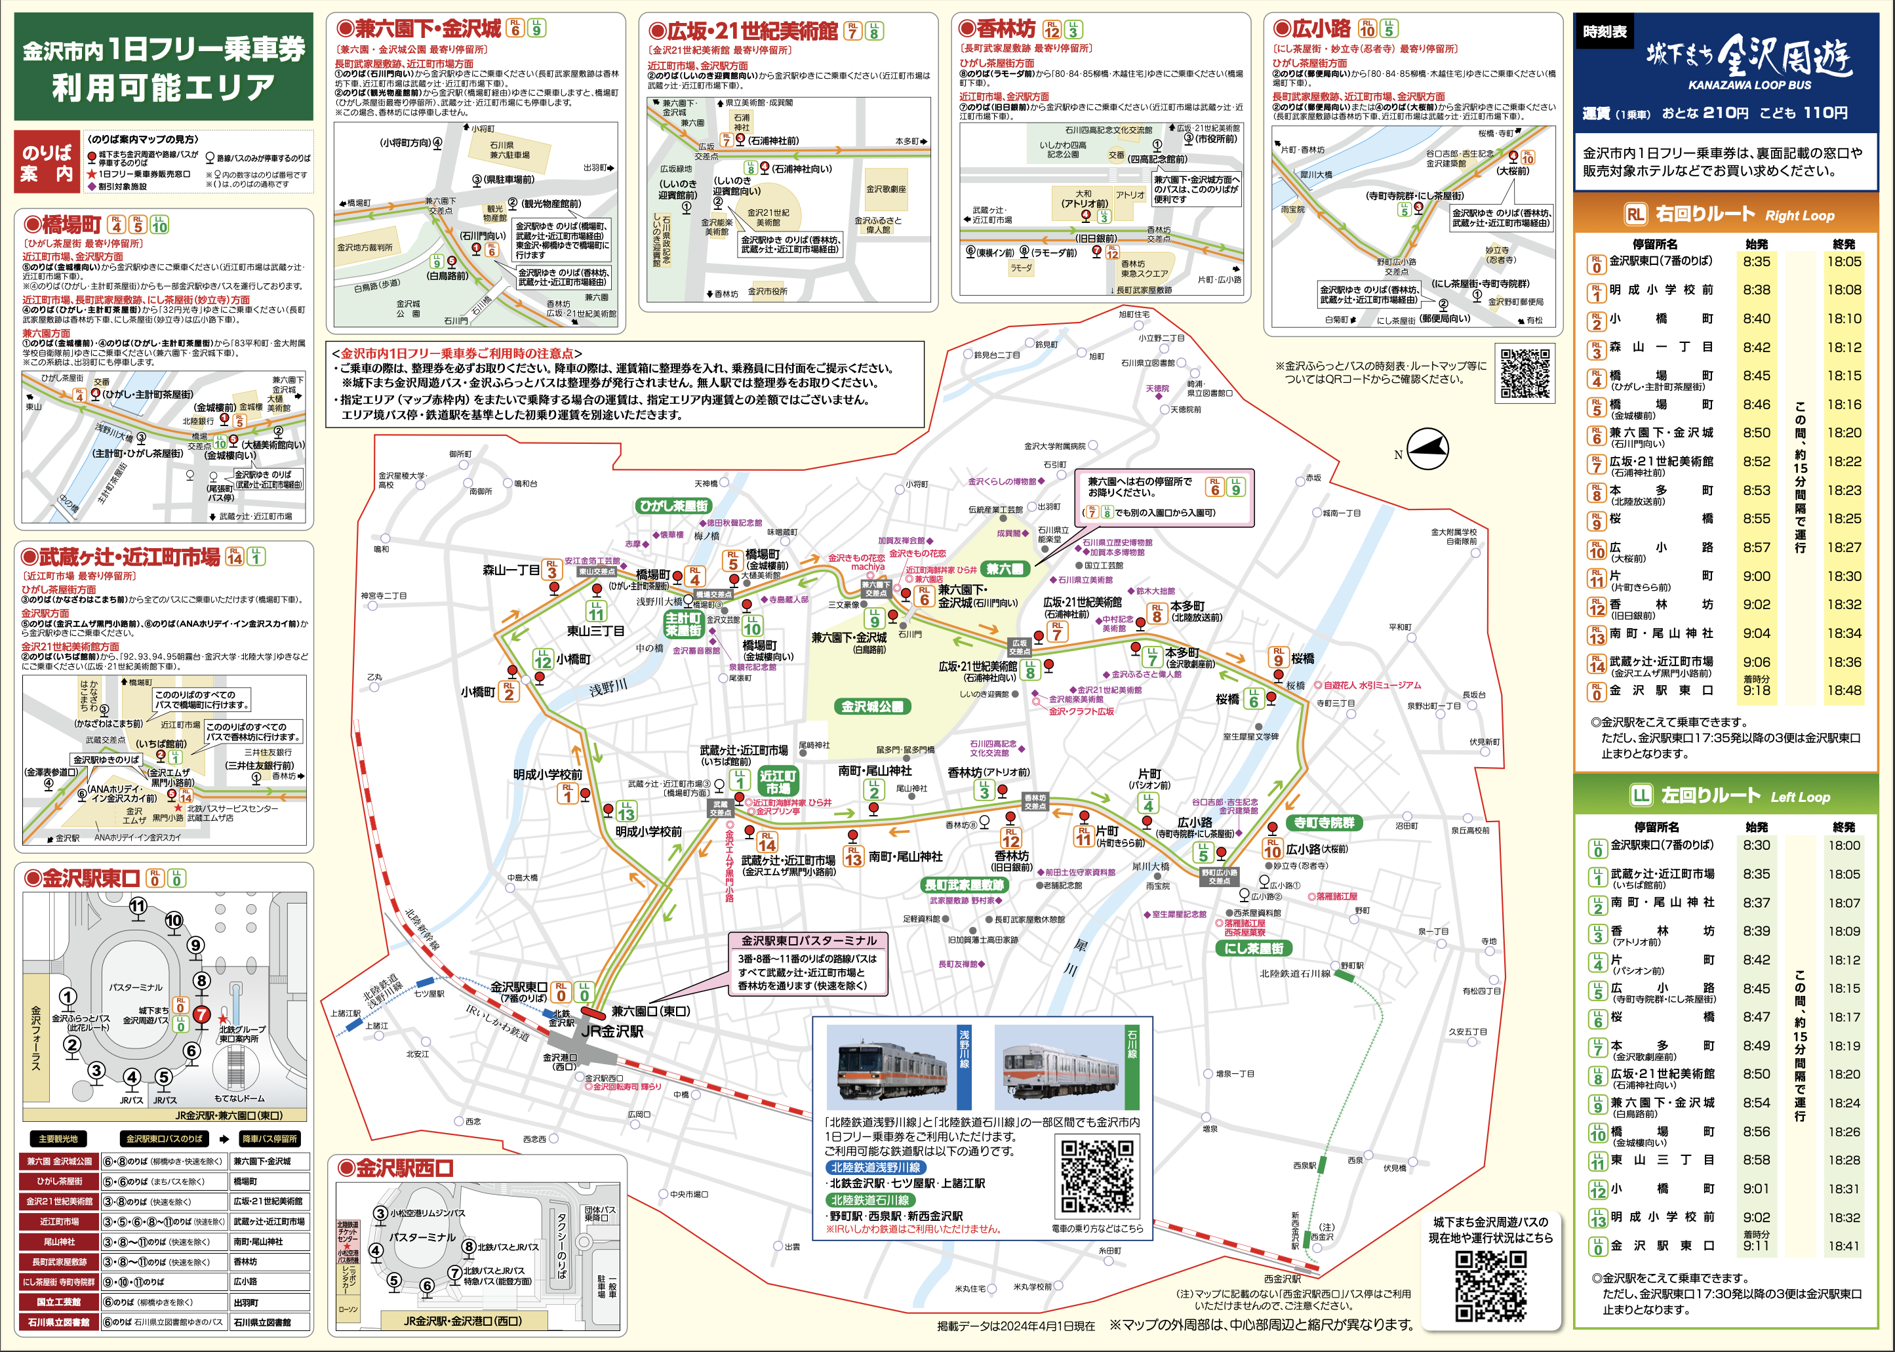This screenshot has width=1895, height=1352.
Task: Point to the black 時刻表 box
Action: coord(1605,31)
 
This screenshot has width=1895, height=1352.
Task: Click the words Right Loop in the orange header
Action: coord(1799,216)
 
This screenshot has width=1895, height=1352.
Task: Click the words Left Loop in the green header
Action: coord(1799,797)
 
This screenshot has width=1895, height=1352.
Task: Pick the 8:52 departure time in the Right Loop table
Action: coord(1757,461)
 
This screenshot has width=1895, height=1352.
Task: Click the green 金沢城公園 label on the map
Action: coord(871,707)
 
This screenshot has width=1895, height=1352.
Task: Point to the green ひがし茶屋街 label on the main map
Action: coord(673,506)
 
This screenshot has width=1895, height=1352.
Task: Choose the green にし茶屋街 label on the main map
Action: coord(1253,948)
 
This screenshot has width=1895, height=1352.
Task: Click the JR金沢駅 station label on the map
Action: coord(612,1031)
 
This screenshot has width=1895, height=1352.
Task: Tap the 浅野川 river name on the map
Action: coord(608,688)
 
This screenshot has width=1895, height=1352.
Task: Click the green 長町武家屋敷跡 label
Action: coord(964,885)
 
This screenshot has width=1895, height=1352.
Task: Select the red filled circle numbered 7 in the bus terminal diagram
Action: coord(201,1014)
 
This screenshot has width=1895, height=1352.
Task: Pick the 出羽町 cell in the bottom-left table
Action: coord(269,1302)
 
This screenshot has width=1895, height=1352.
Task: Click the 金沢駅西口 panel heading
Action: coord(404,1168)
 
